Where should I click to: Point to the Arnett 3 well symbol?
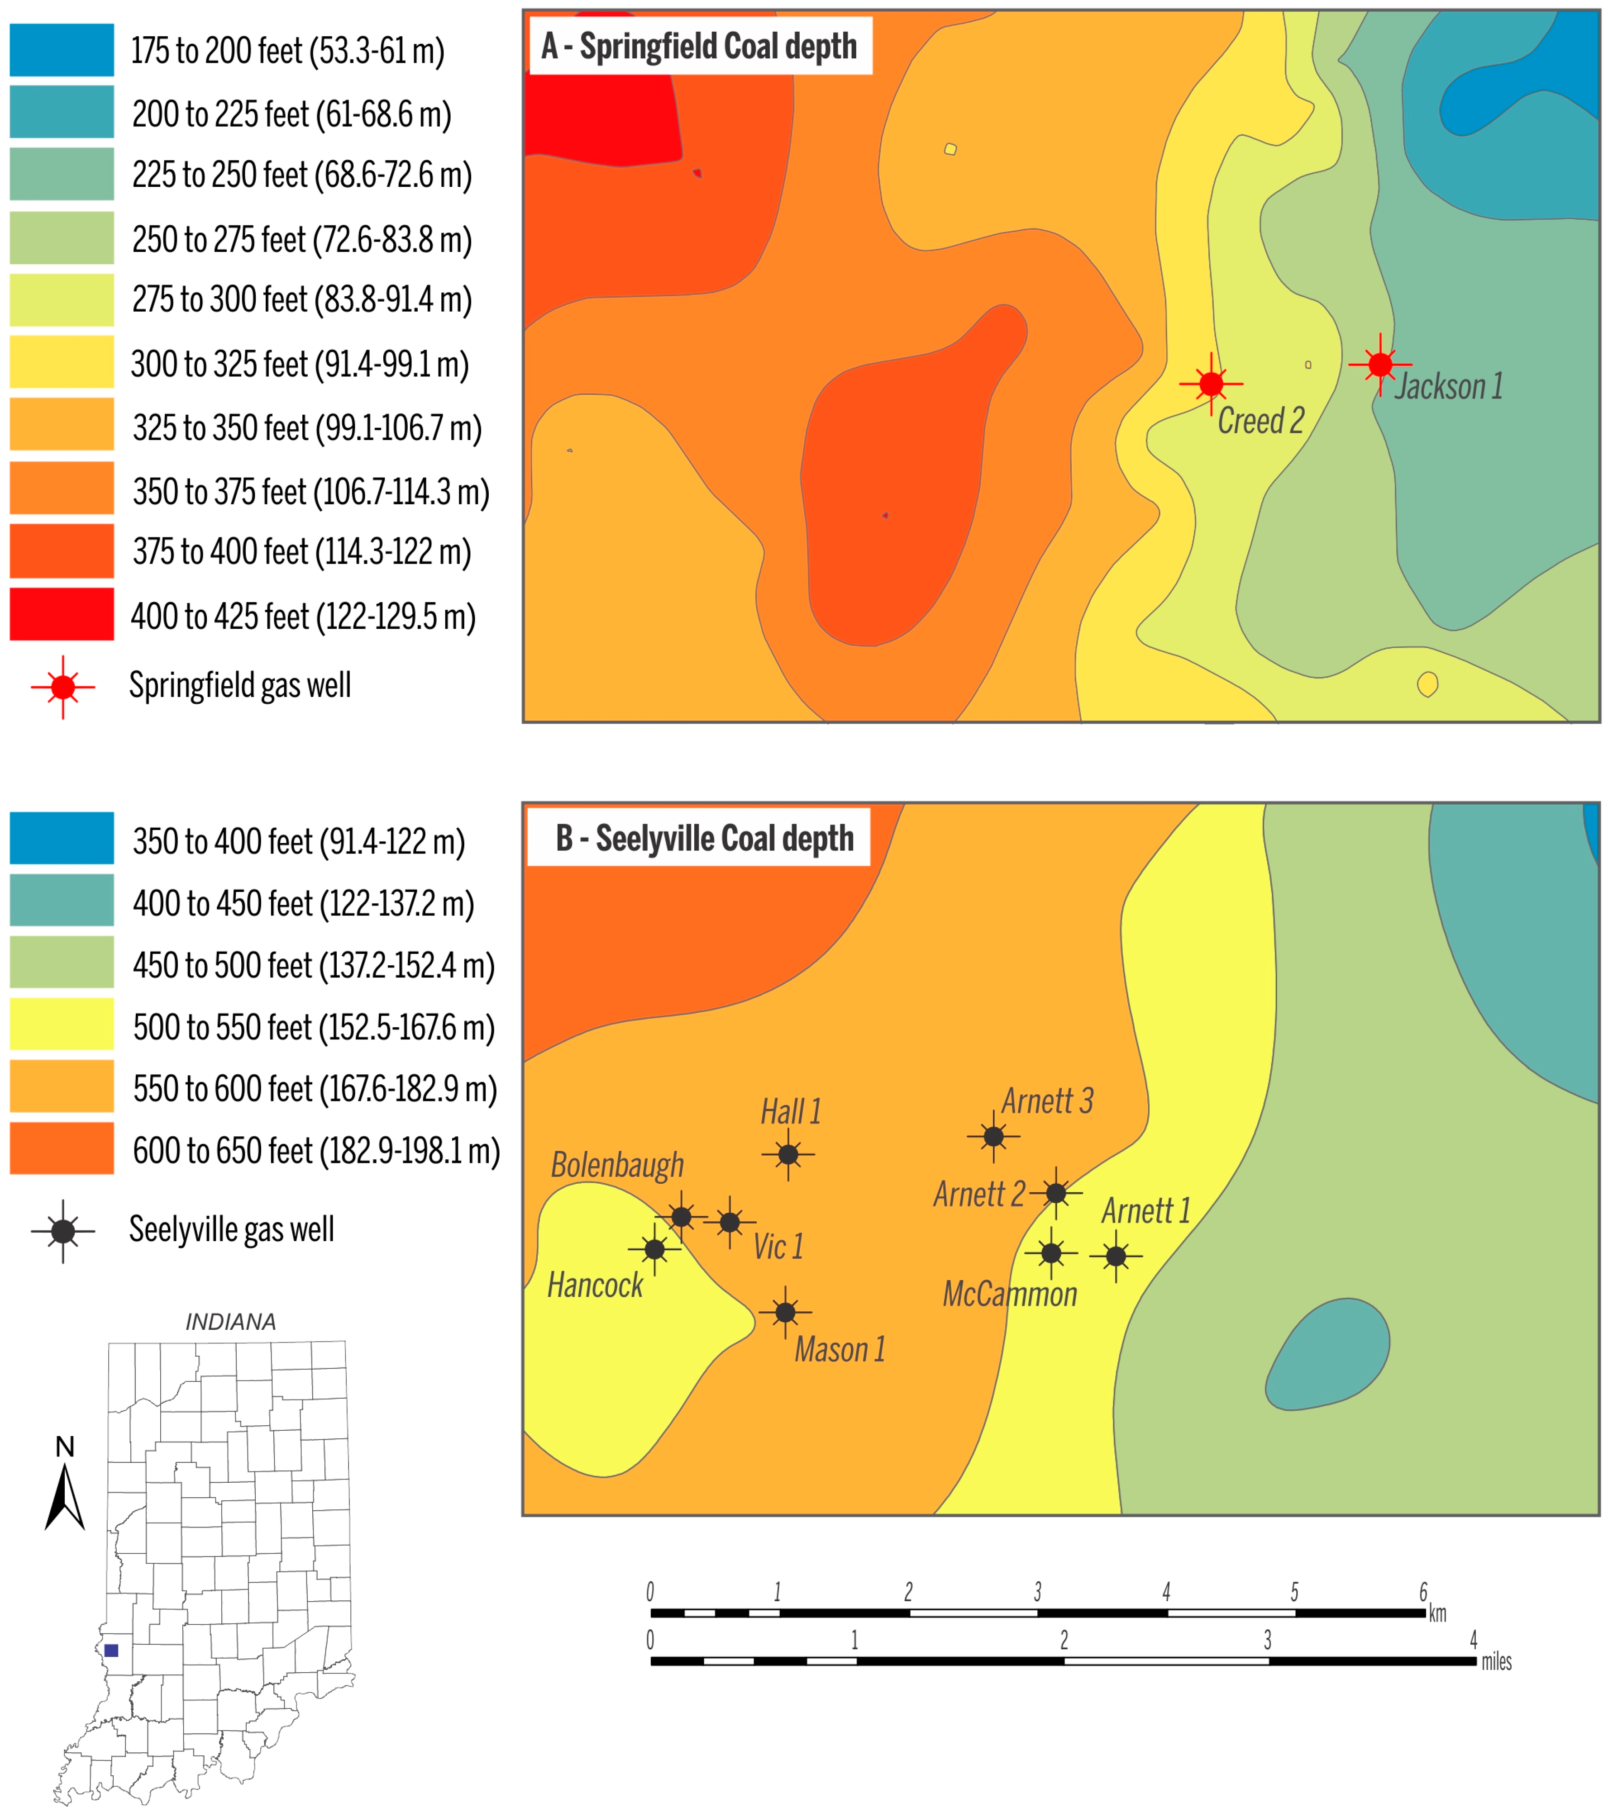993,1136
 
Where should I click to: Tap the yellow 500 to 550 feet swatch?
62,1024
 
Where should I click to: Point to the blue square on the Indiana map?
111,1651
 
